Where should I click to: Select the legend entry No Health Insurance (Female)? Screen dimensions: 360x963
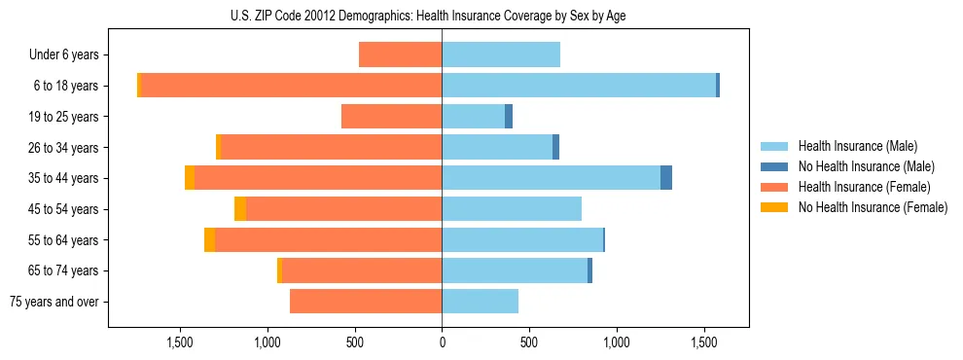tap(873, 207)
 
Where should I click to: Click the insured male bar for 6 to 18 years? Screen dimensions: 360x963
tap(579, 86)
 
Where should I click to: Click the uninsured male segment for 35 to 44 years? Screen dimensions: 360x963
tap(666, 178)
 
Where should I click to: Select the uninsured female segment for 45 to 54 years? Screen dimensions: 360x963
tap(240, 209)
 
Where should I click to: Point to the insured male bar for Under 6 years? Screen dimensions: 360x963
tap(501, 54)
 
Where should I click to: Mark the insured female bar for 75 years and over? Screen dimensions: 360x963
tap(366, 302)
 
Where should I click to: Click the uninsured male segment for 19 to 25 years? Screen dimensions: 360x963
tap(509, 117)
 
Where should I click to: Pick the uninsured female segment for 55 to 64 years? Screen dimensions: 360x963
tap(209, 240)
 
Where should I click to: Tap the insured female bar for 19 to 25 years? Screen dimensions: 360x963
tap(392, 117)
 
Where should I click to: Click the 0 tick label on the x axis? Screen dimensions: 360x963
tap(443, 342)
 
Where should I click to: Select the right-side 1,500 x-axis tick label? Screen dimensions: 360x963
tap(704, 342)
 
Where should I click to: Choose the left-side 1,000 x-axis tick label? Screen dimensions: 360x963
tap(267, 342)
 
